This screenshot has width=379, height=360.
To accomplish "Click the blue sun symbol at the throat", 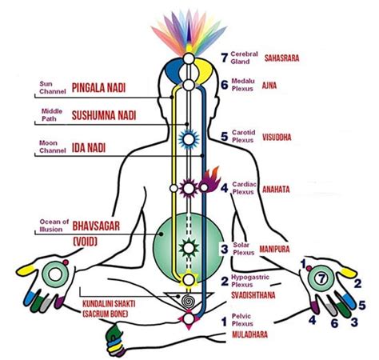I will click(189, 137).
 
